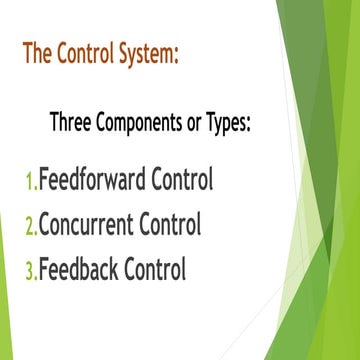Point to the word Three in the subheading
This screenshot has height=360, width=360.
coord(72,124)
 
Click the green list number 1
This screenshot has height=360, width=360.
coord(29,181)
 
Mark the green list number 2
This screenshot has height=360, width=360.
coord(30,225)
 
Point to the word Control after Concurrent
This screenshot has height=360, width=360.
coord(172,225)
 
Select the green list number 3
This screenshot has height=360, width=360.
coord(30,270)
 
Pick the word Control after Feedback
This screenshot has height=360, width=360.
coord(156,270)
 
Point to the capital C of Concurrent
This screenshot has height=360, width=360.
coord(45,225)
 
